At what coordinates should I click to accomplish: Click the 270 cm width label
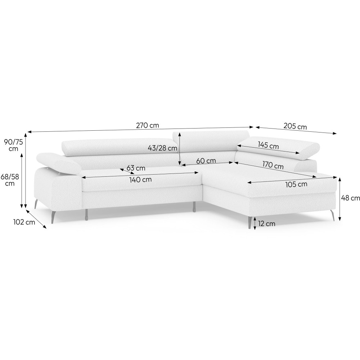[x=147, y=125]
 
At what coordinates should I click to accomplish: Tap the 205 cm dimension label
[x=295, y=126]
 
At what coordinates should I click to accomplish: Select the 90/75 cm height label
[x=14, y=145]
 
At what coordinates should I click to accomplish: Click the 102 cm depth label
[x=24, y=222]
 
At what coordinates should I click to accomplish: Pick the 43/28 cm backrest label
[x=163, y=148]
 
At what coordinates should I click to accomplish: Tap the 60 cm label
[x=206, y=161]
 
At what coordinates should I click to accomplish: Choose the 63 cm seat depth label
[x=136, y=168]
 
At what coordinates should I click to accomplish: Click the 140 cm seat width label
[x=140, y=180]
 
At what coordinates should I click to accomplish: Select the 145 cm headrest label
[x=269, y=145]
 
